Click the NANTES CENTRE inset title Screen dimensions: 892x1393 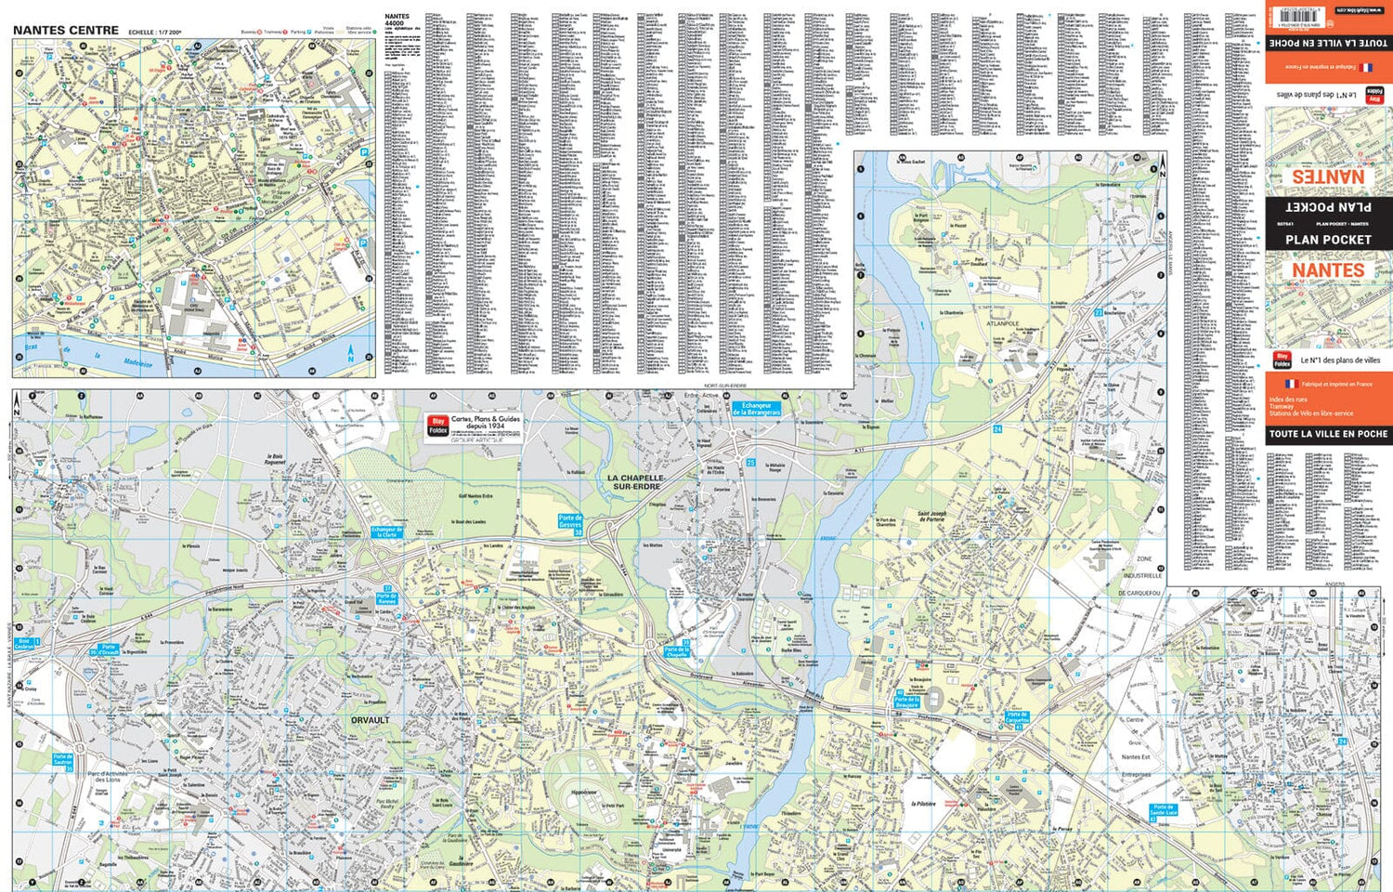(x=66, y=30)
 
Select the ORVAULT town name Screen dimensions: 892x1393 (x=371, y=720)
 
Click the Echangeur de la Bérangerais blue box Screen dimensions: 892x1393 (x=756, y=409)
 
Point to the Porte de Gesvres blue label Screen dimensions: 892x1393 (x=570, y=521)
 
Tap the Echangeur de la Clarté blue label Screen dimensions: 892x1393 (x=386, y=532)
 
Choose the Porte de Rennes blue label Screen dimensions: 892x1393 (x=387, y=598)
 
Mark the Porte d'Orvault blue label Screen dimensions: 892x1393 (x=109, y=649)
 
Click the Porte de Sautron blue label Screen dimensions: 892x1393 (x=62, y=760)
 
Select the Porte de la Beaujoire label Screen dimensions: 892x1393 (x=906, y=702)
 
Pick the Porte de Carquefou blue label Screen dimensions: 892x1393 (x=1017, y=717)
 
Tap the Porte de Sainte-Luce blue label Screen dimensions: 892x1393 (x=1164, y=810)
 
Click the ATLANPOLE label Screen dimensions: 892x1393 (x=1003, y=323)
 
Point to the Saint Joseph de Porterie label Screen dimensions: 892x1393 (x=944, y=518)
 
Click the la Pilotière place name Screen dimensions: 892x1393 (x=923, y=804)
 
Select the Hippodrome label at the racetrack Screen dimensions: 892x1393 (x=584, y=793)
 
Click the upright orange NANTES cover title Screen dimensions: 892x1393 (x=1328, y=270)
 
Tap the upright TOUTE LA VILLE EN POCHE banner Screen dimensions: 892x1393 (x=1328, y=434)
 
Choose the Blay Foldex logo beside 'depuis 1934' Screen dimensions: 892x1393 (x=438, y=426)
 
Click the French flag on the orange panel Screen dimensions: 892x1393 (x=1290, y=384)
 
